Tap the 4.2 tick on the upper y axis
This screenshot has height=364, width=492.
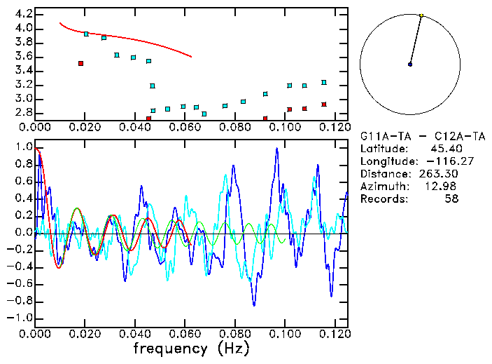pyautogui.click(x=23, y=14)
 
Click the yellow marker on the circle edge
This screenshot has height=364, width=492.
pyautogui.click(x=421, y=15)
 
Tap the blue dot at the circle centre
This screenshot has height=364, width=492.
pyautogui.click(x=410, y=65)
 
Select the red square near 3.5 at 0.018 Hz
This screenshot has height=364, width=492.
pyautogui.click(x=81, y=63)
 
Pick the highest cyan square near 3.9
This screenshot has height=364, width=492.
pyautogui.click(x=86, y=34)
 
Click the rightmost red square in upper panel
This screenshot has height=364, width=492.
pyautogui.click(x=324, y=105)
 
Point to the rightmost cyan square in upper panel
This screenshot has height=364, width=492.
pyautogui.click(x=324, y=82)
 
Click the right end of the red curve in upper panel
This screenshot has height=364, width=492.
pyautogui.click(x=191, y=57)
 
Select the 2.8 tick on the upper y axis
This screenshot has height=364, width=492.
pyautogui.click(x=23, y=112)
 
